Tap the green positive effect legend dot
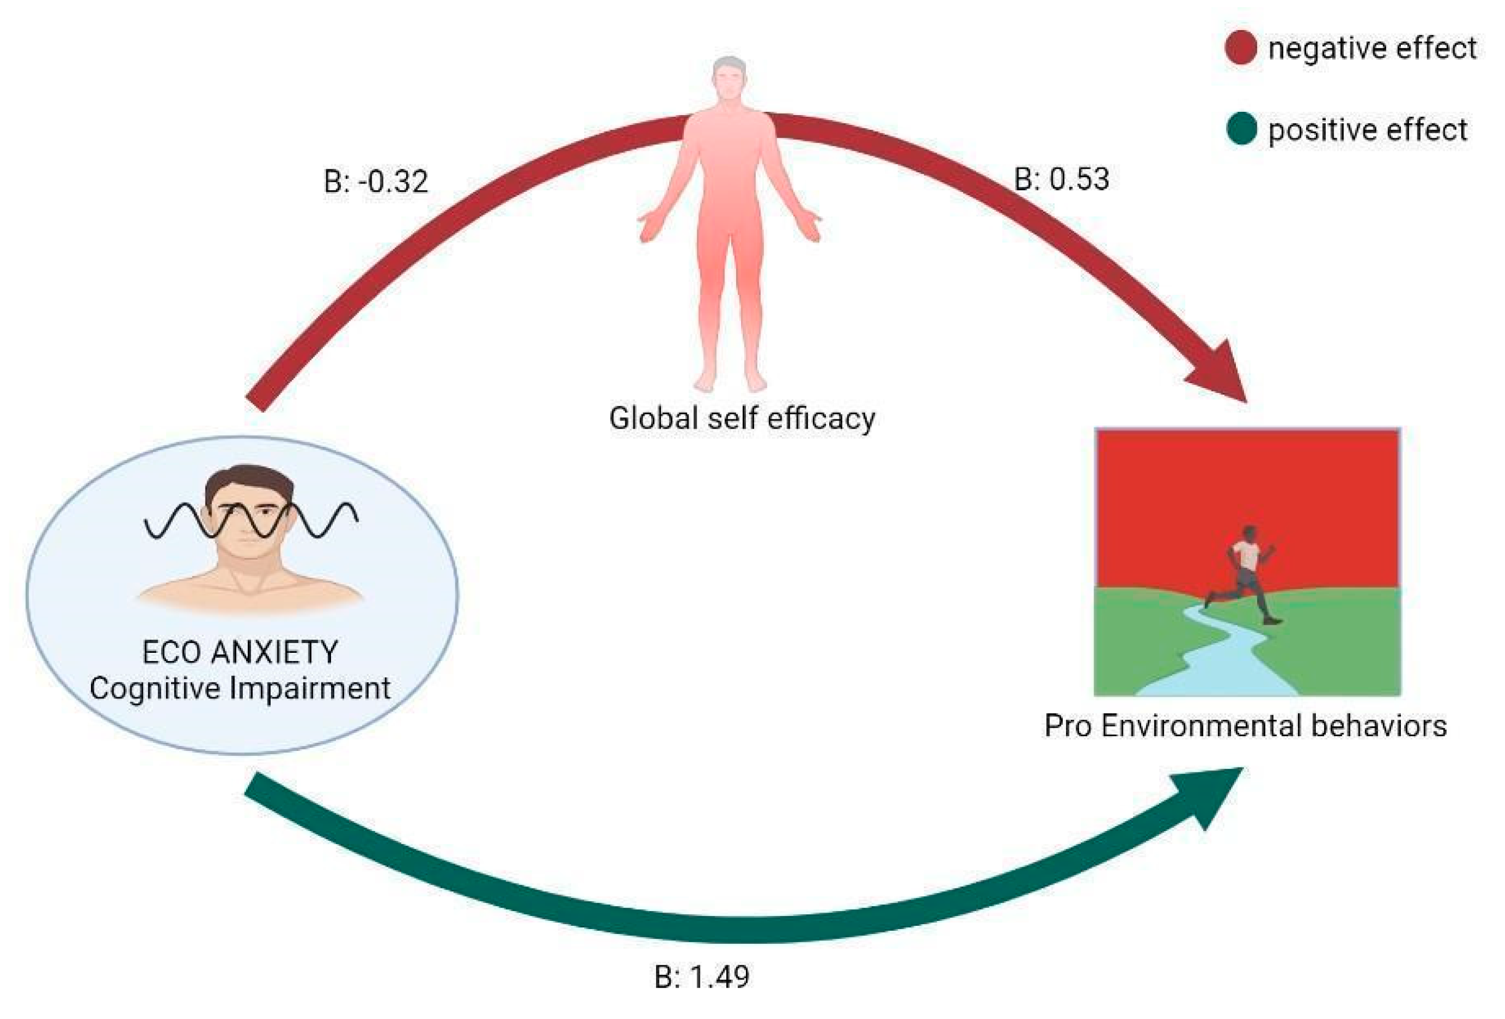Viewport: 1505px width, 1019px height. [x=1241, y=129]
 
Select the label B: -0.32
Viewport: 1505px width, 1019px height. [x=375, y=182]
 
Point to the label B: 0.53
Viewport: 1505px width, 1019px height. [x=1062, y=179]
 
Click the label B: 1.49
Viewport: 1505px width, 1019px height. [x=702, y=976]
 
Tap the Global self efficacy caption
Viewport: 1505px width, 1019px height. [x=742, y=418]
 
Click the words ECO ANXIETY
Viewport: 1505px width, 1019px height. [x=240, y=652]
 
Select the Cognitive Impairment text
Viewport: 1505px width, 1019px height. [x=240, y=688]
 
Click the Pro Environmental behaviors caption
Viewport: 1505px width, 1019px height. [x=1245, y=726]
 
